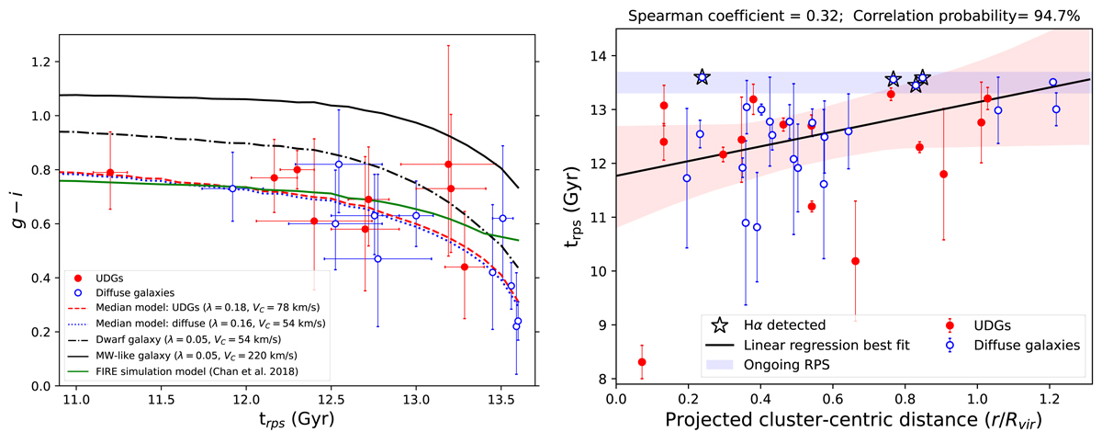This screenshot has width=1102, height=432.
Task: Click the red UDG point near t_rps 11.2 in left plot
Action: pos(110,172)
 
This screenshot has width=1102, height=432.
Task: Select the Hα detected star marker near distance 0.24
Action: pos(703,77)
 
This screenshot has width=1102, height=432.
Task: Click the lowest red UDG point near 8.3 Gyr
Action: pos(642,362)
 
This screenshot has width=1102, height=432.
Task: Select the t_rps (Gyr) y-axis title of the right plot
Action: pos(571,210)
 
